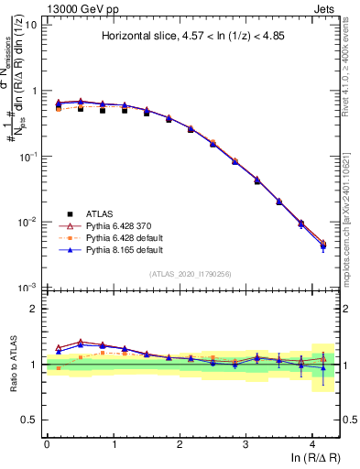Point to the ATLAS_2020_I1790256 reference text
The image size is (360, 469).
click(192, 274)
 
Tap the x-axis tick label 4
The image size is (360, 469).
click(312, 442)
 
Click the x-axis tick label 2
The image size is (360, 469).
click(180, 442)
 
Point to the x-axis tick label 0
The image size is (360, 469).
click(47, 442)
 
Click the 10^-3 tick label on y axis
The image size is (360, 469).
click(28, 287)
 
